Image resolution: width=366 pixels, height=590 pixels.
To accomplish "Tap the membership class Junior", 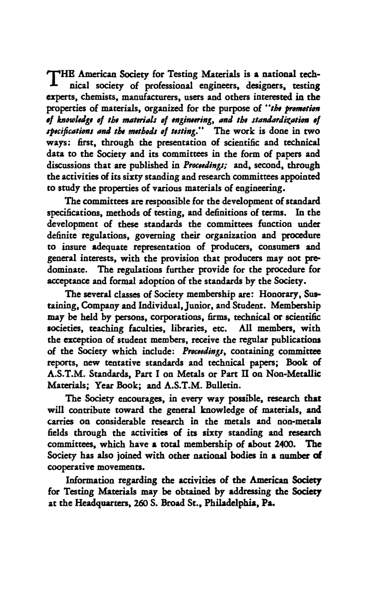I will [x=187, y=306].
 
